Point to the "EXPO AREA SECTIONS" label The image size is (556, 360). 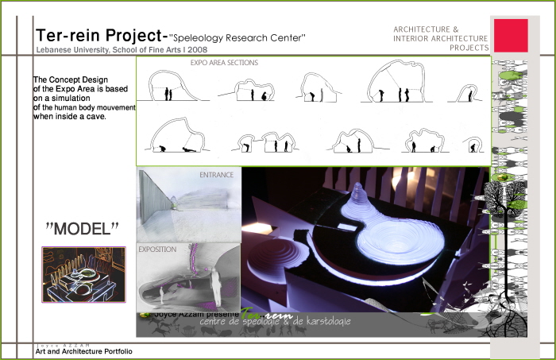[x=224, y=63]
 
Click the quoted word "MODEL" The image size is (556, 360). [x=82, y=228]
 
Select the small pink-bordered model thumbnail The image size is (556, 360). [x=83, y=274]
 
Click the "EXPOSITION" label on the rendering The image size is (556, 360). [x=157, y=249]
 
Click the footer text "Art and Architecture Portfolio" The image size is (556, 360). [x=83, y=351]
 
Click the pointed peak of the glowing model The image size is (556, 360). [x=358, y=188]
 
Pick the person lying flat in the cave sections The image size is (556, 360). [x=188, y=149]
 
